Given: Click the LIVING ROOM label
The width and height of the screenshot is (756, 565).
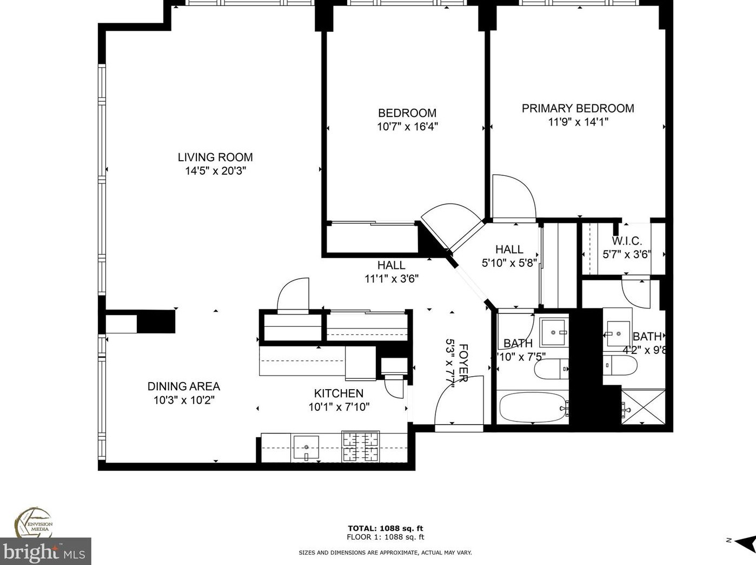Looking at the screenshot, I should pyautogui.click(x=215, y=157).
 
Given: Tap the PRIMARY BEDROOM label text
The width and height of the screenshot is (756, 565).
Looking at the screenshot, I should pyautogui.click(x=578, y=108).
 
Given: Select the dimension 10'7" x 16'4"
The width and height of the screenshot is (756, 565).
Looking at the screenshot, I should pyautogui.click(x=407, y=127).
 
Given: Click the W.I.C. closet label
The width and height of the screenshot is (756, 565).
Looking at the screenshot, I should pyautogui.click(x=627, y=241).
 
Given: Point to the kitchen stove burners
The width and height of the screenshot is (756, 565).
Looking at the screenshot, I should pyautogui.click(x=360, y=446).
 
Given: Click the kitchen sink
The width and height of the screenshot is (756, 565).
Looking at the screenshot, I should pyautogui.click(x=306, y=448).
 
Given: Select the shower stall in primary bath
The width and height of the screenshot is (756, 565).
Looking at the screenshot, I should pyautogui.click(x=643, y=406).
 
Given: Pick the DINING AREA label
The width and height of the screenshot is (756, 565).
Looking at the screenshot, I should pyautogui.click(x=183, y=386).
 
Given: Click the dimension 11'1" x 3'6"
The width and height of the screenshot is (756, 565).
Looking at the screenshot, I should pyautogui.click(x=391, y=279).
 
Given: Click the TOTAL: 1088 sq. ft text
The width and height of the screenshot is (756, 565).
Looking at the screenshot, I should pyautogui.click(x=385, y=528).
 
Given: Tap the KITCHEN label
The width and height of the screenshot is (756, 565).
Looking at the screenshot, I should pyautogui.click(x=339, y=393).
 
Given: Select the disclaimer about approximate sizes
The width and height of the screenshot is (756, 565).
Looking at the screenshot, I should pyautogui.click(x=385, y=553).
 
